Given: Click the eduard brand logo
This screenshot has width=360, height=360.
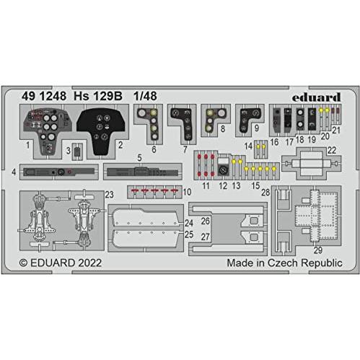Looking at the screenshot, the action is (x=316, y=97).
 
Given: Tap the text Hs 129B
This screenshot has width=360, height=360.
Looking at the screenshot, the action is (x=98, y=96).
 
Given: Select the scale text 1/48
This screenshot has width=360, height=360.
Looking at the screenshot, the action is (x=145, y=96).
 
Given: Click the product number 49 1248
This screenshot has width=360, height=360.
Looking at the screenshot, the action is (x=44, y=96).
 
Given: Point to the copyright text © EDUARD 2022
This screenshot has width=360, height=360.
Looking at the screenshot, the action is (x=61, y=263).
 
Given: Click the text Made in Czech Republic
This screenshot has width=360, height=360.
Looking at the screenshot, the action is (x=284, y=263).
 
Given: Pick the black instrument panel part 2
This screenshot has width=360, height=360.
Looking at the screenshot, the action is (x=100, y=131).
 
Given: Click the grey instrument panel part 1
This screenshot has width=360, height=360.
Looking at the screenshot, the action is (x=48, y=131).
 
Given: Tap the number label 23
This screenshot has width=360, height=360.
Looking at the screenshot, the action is (x=109, y=195).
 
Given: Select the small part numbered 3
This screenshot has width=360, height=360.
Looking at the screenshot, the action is (x=77, y=152).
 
